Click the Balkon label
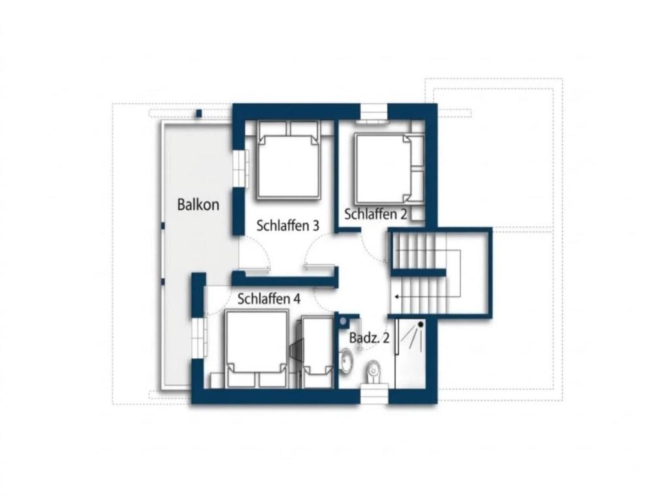[198, 205]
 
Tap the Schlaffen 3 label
[287, 226]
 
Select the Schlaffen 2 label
[376, 214]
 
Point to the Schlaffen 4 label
[269, 299]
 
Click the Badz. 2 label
[370, 338]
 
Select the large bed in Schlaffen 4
[256, 349]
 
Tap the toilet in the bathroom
[374, 372]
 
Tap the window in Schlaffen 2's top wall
[374, 114]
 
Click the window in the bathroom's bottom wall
[374, 393]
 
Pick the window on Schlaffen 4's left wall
[199, 338]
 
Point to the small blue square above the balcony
[199, 114]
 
